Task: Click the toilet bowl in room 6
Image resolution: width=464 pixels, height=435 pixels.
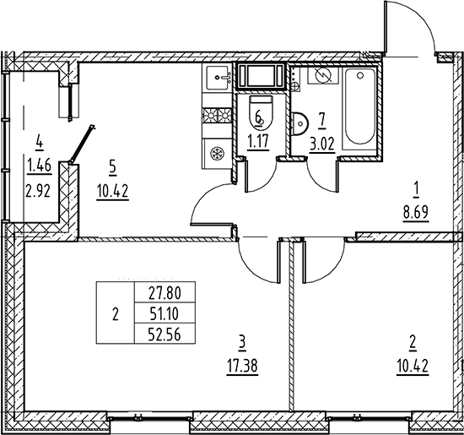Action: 259,113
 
